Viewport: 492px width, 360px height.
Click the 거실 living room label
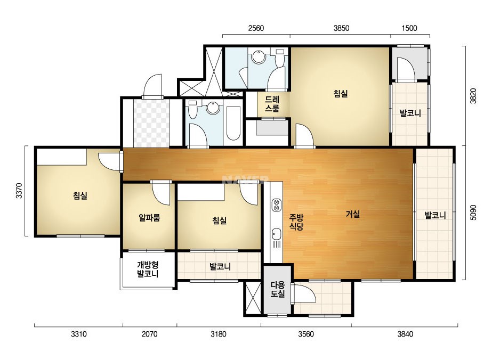(353, 214)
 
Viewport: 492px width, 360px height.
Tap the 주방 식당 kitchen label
(296, 222)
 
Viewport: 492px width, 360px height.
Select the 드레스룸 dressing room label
(272, 104)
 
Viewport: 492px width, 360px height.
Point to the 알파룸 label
(149, 217)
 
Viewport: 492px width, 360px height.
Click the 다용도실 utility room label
(278, 290)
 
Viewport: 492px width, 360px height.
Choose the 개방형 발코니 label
(148, 269)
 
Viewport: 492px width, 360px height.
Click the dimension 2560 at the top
(256, 28)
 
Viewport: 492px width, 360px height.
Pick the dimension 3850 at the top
(341, 28)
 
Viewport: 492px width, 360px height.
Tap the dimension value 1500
(409, 28)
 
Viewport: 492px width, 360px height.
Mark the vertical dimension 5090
(473, 212)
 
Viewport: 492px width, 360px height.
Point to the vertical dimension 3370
(19, 191)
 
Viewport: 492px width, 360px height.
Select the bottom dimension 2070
(149, 334)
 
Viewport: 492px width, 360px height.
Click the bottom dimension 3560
(305, 334)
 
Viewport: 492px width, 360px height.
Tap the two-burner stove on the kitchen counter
(277, 205)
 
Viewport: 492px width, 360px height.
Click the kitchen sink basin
(277, 234)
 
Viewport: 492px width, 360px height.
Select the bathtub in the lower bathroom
(233, 124)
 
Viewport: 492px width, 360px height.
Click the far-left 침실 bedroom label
(80, 196)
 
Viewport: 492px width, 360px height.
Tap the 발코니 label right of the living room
(435, 216)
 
